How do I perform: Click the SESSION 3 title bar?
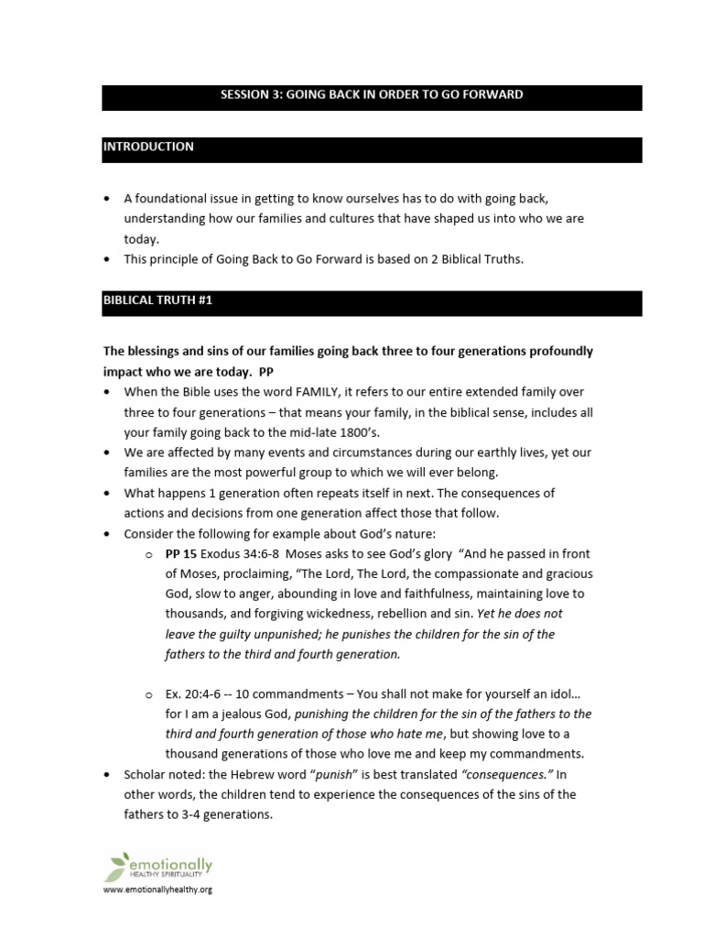tap(372, 95)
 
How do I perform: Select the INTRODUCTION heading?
tap(148, 147)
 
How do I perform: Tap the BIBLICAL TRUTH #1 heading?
tap(157, 300)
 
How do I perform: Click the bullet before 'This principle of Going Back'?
tap(109, 259)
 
